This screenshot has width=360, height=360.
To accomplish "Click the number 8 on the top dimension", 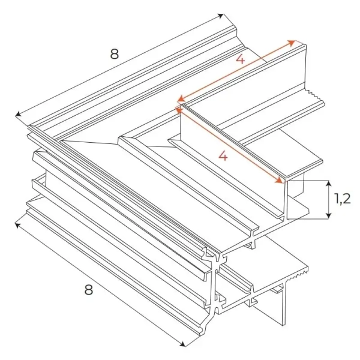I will click(x=113, y=53).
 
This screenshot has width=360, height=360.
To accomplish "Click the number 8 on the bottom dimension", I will click(x=88, y=289).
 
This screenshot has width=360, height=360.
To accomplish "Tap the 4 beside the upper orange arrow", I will click(x=239, y=60).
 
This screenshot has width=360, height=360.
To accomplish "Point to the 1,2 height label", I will click(x=342, y=199).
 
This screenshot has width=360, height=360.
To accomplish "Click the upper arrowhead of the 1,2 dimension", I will click(x=329, y=182).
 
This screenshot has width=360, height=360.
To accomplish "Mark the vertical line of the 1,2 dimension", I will click(x=329, y=199).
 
